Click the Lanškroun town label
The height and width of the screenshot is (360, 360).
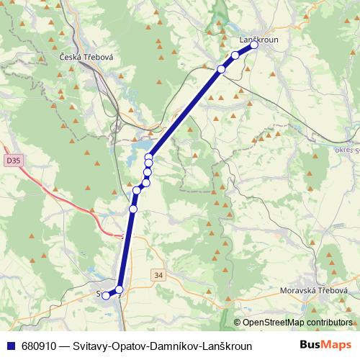coord(259,40)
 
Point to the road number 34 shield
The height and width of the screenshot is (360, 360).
coord(158,275)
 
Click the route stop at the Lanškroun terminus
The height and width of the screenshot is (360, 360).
coord(253,45)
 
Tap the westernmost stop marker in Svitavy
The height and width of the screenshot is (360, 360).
coord(106,295)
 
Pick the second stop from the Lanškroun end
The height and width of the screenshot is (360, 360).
coord(235,55)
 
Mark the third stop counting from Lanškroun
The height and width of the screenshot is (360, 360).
coord(221,69)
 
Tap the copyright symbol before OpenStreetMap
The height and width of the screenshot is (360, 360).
coord(237,323)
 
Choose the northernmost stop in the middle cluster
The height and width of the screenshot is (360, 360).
coord(149,157)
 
